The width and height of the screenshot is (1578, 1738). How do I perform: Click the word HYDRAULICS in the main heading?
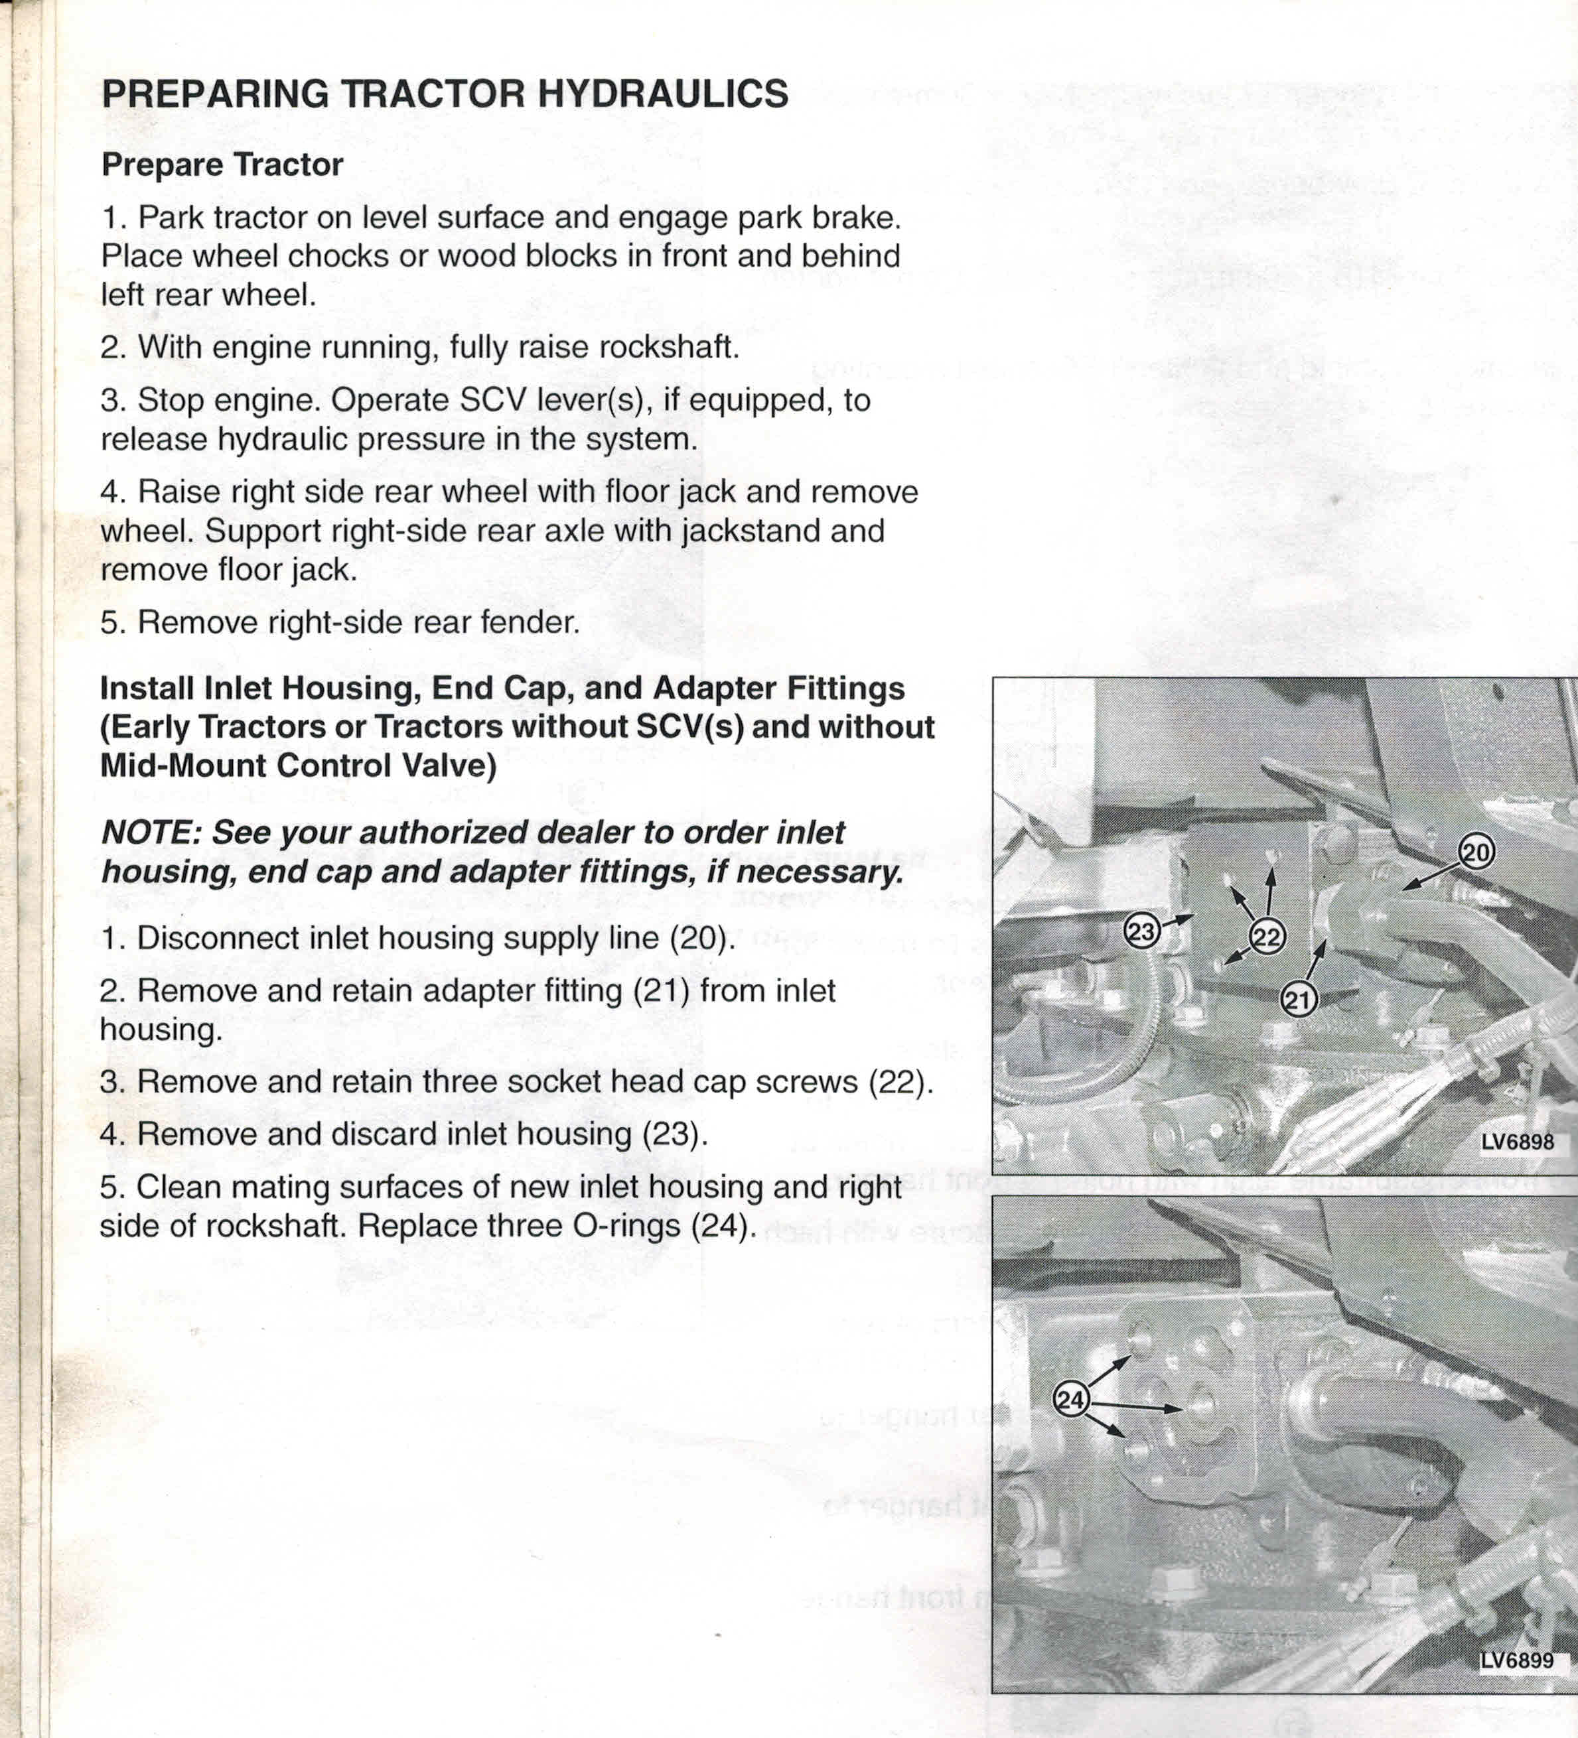pos(662,93)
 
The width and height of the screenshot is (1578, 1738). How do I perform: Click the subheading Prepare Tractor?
pos(222,165)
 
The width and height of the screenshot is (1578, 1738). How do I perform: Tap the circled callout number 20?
pos(1475,852)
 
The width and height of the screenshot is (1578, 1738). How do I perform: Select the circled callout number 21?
pos(1298,1000)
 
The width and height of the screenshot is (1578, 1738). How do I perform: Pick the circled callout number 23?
pos(1141,932)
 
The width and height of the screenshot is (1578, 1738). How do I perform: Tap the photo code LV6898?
pos(1518,1142)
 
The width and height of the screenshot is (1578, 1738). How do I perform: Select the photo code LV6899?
pos(1517,1660)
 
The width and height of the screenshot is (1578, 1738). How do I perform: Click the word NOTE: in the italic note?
pos(151,833)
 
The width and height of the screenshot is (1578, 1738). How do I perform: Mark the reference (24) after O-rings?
pos(723,1226)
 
